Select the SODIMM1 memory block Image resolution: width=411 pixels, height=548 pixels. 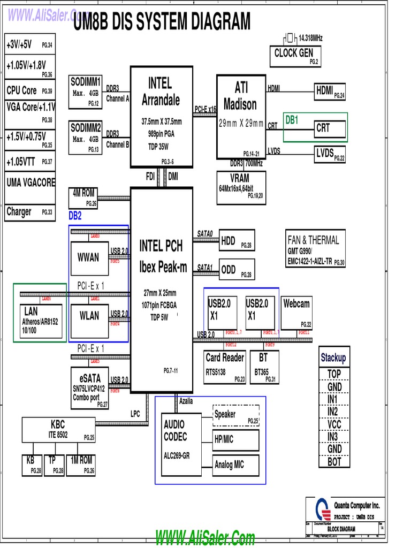coord(86,91)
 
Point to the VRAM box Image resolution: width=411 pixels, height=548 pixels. coord(240,187)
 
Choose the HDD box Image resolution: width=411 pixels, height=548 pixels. coord(237,242)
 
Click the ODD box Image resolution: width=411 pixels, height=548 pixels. coord(237,270)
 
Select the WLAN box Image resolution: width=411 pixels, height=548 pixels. coord(89,317)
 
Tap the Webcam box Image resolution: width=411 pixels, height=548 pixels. coord(296,313)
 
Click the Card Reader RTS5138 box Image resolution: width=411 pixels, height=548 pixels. coord(225,367)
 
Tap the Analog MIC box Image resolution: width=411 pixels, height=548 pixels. coord(235,465)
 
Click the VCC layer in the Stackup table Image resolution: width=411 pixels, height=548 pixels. coord(334,424)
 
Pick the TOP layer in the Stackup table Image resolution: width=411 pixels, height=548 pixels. coord(334,374)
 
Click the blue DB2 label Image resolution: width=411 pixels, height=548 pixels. coord(75,216)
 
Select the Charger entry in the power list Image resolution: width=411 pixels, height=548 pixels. coord(29,212)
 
